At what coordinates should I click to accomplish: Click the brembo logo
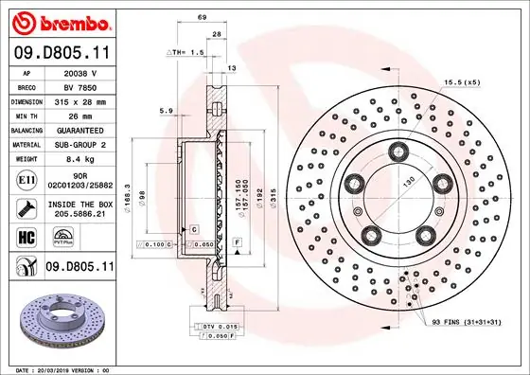pyautogui.click(x=60, y=21)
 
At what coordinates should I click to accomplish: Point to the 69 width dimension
pyautogui.click(x=202, y=18)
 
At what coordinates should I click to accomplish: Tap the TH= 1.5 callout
pyautogui.click(x=186, y=53)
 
